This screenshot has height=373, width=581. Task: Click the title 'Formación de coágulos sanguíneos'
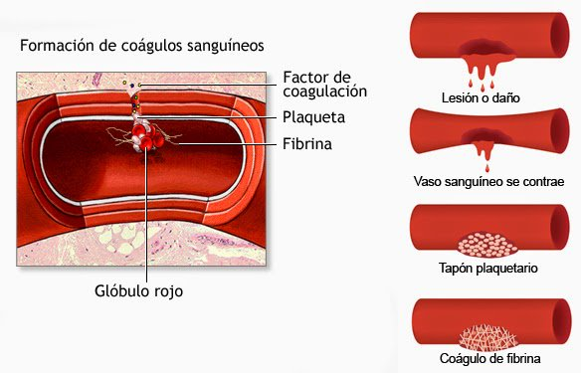point(141,46)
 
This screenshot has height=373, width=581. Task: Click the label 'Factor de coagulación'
point(324,84)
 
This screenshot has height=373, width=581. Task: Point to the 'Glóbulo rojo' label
point(146,290)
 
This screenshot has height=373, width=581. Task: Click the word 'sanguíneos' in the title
point(223,46)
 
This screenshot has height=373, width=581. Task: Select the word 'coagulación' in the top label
point(324,92)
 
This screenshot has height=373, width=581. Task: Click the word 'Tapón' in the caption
point(458,269)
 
